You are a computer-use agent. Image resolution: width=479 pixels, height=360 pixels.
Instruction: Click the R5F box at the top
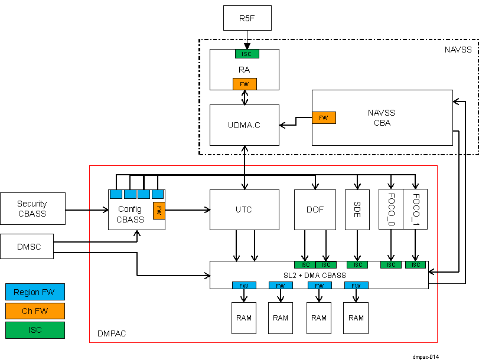point(247,18)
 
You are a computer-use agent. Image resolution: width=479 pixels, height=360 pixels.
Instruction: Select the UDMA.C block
point(244,125)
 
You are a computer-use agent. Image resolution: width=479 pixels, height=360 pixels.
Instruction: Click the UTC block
point(244,210)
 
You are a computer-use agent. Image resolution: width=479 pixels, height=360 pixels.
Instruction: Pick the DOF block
point(315,210)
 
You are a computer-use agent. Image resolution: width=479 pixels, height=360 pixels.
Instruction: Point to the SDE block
point(357,210)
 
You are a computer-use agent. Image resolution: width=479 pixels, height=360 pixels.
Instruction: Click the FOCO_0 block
point(390,209)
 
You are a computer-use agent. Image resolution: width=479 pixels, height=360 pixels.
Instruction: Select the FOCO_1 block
point(415,209)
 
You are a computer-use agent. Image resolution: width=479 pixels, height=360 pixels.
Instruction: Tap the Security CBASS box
point(32,208)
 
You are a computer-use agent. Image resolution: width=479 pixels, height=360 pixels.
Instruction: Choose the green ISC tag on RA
point(247,54)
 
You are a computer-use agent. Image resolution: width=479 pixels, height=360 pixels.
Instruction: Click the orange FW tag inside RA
point(245,84)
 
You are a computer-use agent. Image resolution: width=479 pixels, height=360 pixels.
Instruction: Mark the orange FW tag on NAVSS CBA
point(324,117)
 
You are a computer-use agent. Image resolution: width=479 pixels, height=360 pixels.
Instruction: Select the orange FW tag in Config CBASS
point(158,210)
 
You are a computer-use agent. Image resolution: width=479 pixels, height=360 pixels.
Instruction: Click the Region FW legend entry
point(35,292)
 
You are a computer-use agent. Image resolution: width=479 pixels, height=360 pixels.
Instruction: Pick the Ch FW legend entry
point(35,311)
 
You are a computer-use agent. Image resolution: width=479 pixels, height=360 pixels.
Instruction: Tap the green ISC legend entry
point(35,330)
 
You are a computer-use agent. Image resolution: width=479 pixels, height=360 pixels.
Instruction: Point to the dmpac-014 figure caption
point(426,356)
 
